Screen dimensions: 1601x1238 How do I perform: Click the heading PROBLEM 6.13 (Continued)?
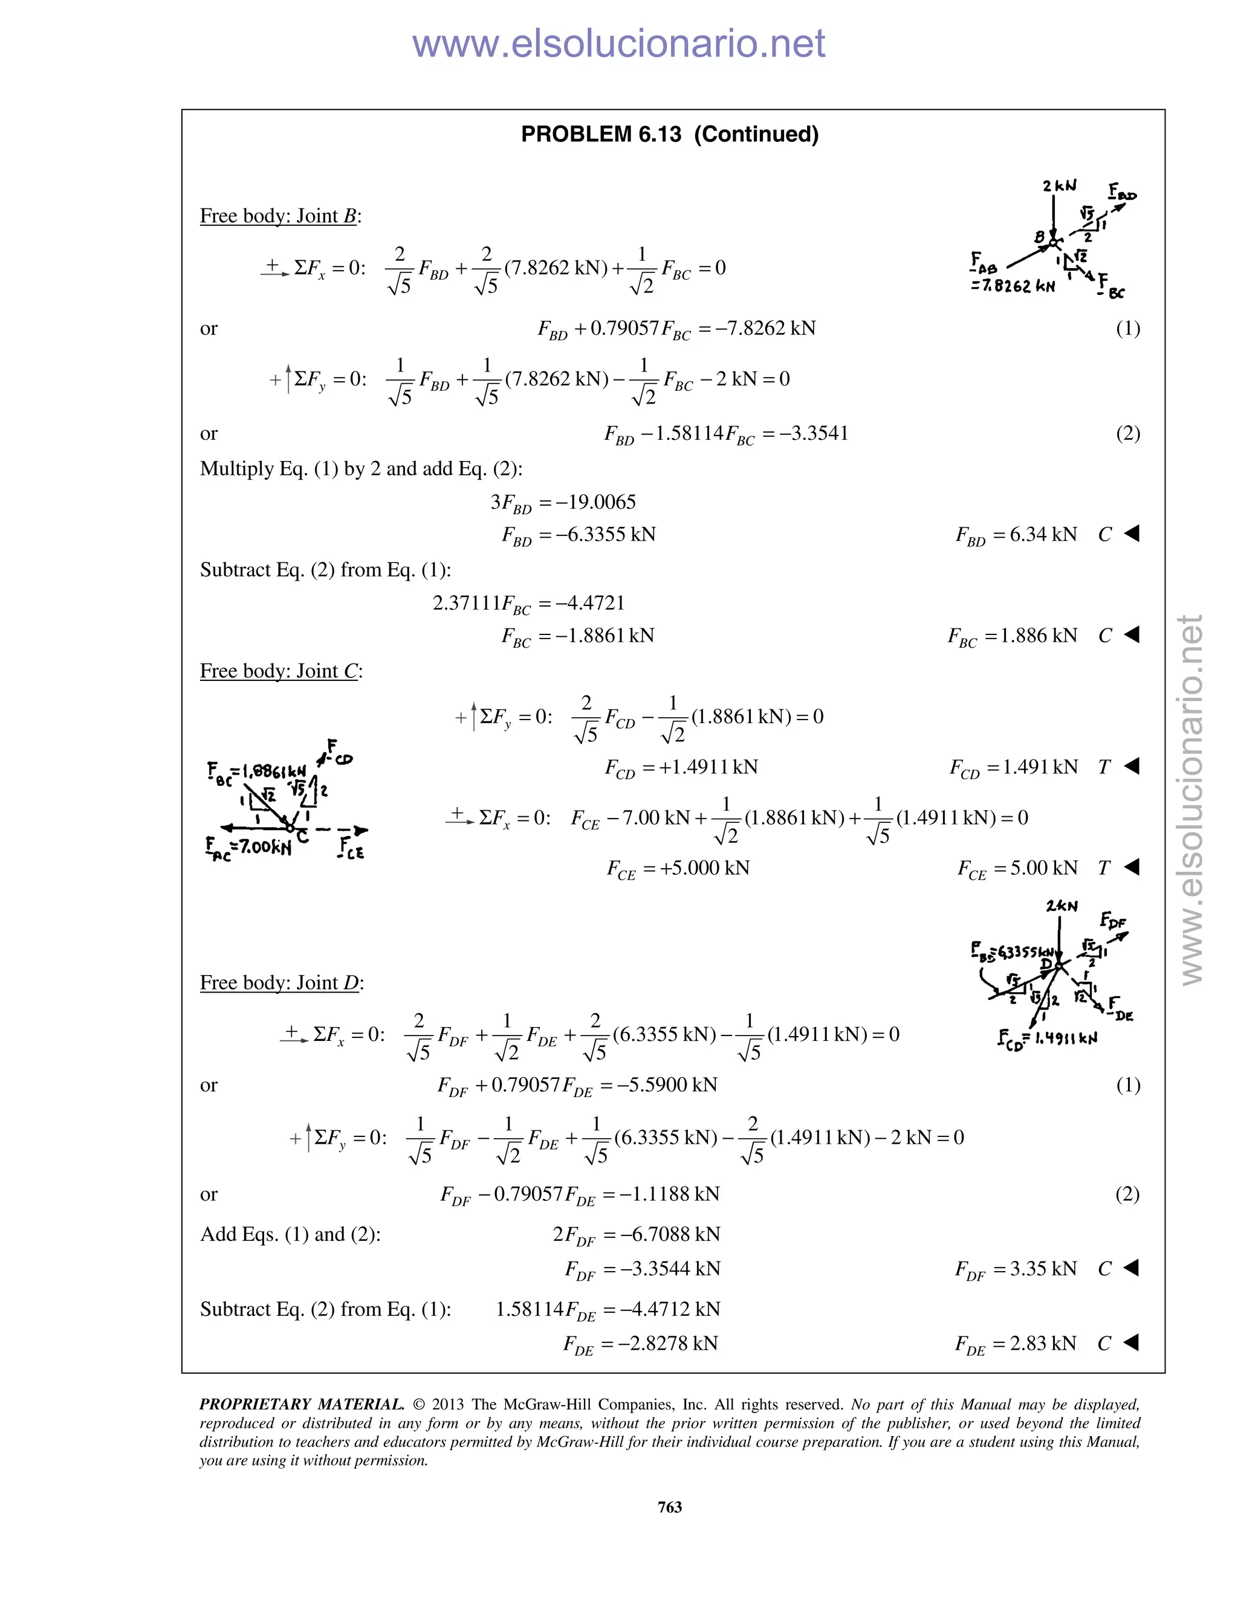click(x=669, y=135)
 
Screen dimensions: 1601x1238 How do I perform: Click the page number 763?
click(x=670, y=1506)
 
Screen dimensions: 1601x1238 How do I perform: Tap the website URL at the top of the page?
click(x=618, y=44)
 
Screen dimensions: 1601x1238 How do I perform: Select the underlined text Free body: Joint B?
click(x=280, y=216)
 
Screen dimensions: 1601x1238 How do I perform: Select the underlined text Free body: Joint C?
click(x=281, y=671)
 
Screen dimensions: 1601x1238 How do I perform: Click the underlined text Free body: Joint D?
click(x=282, y=983)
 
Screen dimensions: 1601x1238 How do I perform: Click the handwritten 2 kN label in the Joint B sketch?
click(x=1059, y=186)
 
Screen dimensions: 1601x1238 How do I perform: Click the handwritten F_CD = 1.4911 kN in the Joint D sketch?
click(x=1048, y=1039)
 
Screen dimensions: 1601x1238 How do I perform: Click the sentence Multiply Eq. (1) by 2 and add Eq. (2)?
click(x=361, y=469)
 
